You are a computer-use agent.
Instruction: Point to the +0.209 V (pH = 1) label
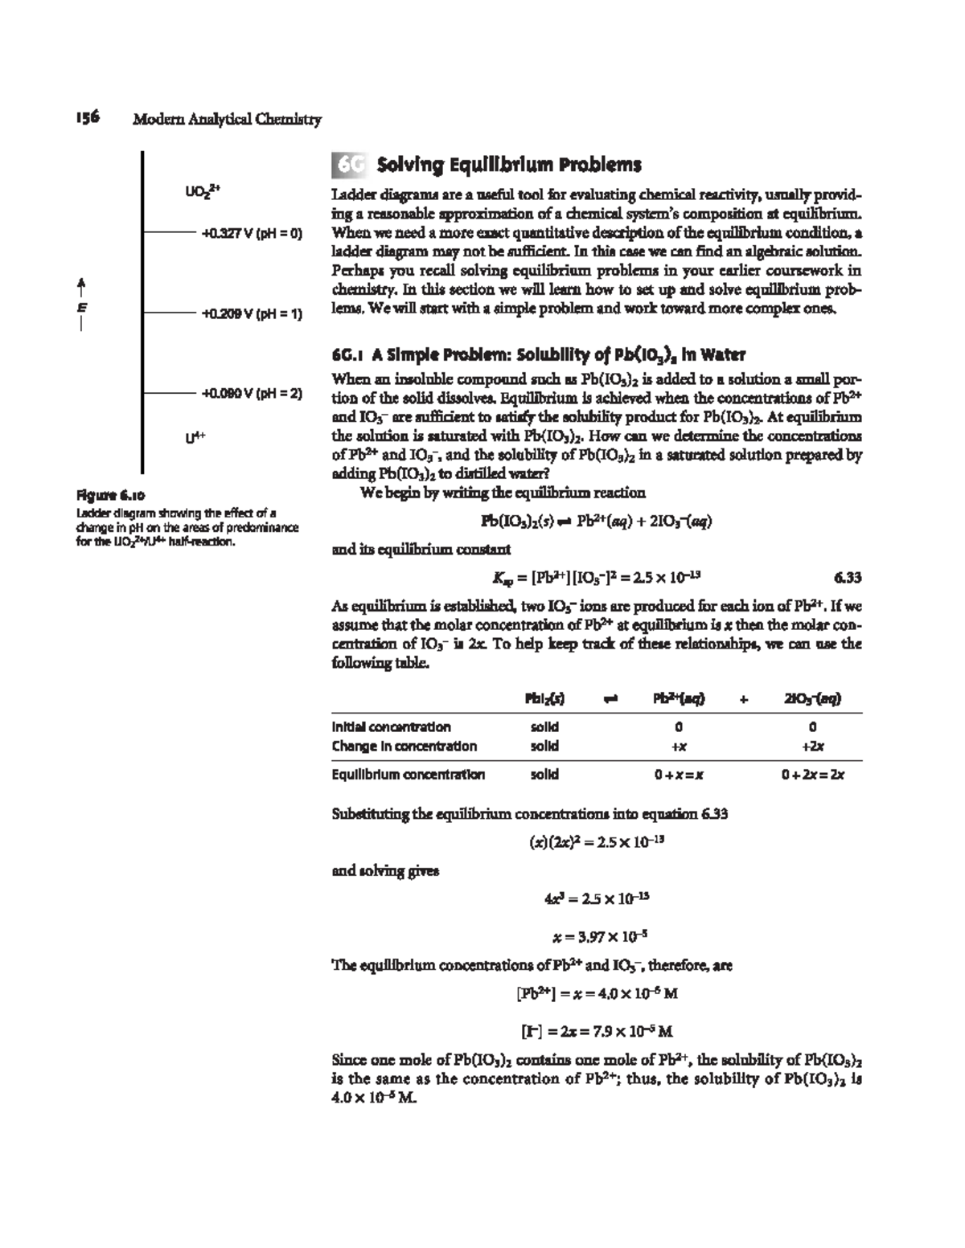tap(252, 314)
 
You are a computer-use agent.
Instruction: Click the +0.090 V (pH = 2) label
tap(252, 394)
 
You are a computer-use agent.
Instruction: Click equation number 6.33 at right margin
tap(848, 577)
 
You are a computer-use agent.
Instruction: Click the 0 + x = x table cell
tap(679, 775)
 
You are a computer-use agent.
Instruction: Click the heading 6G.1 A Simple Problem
tap(538, 354)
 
